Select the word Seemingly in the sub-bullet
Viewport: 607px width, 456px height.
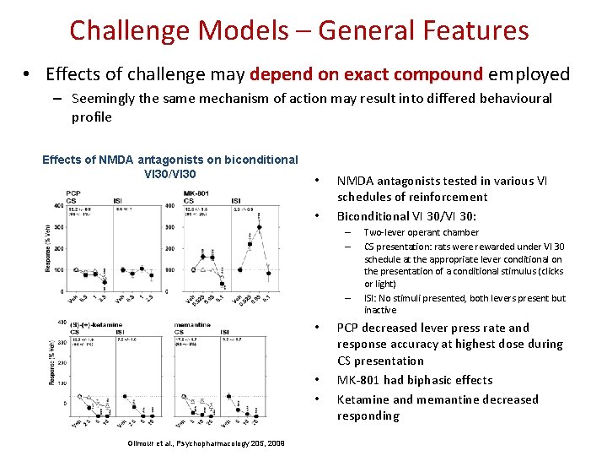coord(104,99)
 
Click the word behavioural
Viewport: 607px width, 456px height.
coord(513,99)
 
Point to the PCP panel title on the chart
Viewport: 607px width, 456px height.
coord(73,193)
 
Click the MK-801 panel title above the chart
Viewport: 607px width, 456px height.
coord(196,193)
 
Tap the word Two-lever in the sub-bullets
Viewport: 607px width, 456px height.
coord(384,232)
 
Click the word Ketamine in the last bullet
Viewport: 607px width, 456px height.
coord(364,399)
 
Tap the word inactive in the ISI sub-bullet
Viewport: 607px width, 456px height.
coord(380,310)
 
